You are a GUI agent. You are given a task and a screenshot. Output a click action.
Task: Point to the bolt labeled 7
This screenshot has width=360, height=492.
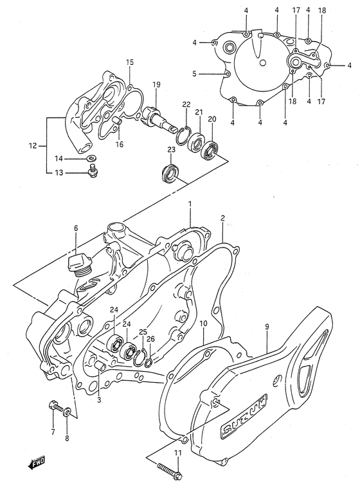(x=53, y=406)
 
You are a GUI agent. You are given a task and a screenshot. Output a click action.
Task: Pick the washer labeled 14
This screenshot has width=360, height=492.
(x=91, y=158)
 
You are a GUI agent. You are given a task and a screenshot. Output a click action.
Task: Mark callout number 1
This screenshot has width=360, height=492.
(x=190, y=205)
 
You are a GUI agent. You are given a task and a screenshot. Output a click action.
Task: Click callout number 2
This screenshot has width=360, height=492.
(x=222, y=219)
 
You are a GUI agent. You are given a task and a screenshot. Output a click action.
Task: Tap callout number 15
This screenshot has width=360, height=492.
(x=129, y=62)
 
